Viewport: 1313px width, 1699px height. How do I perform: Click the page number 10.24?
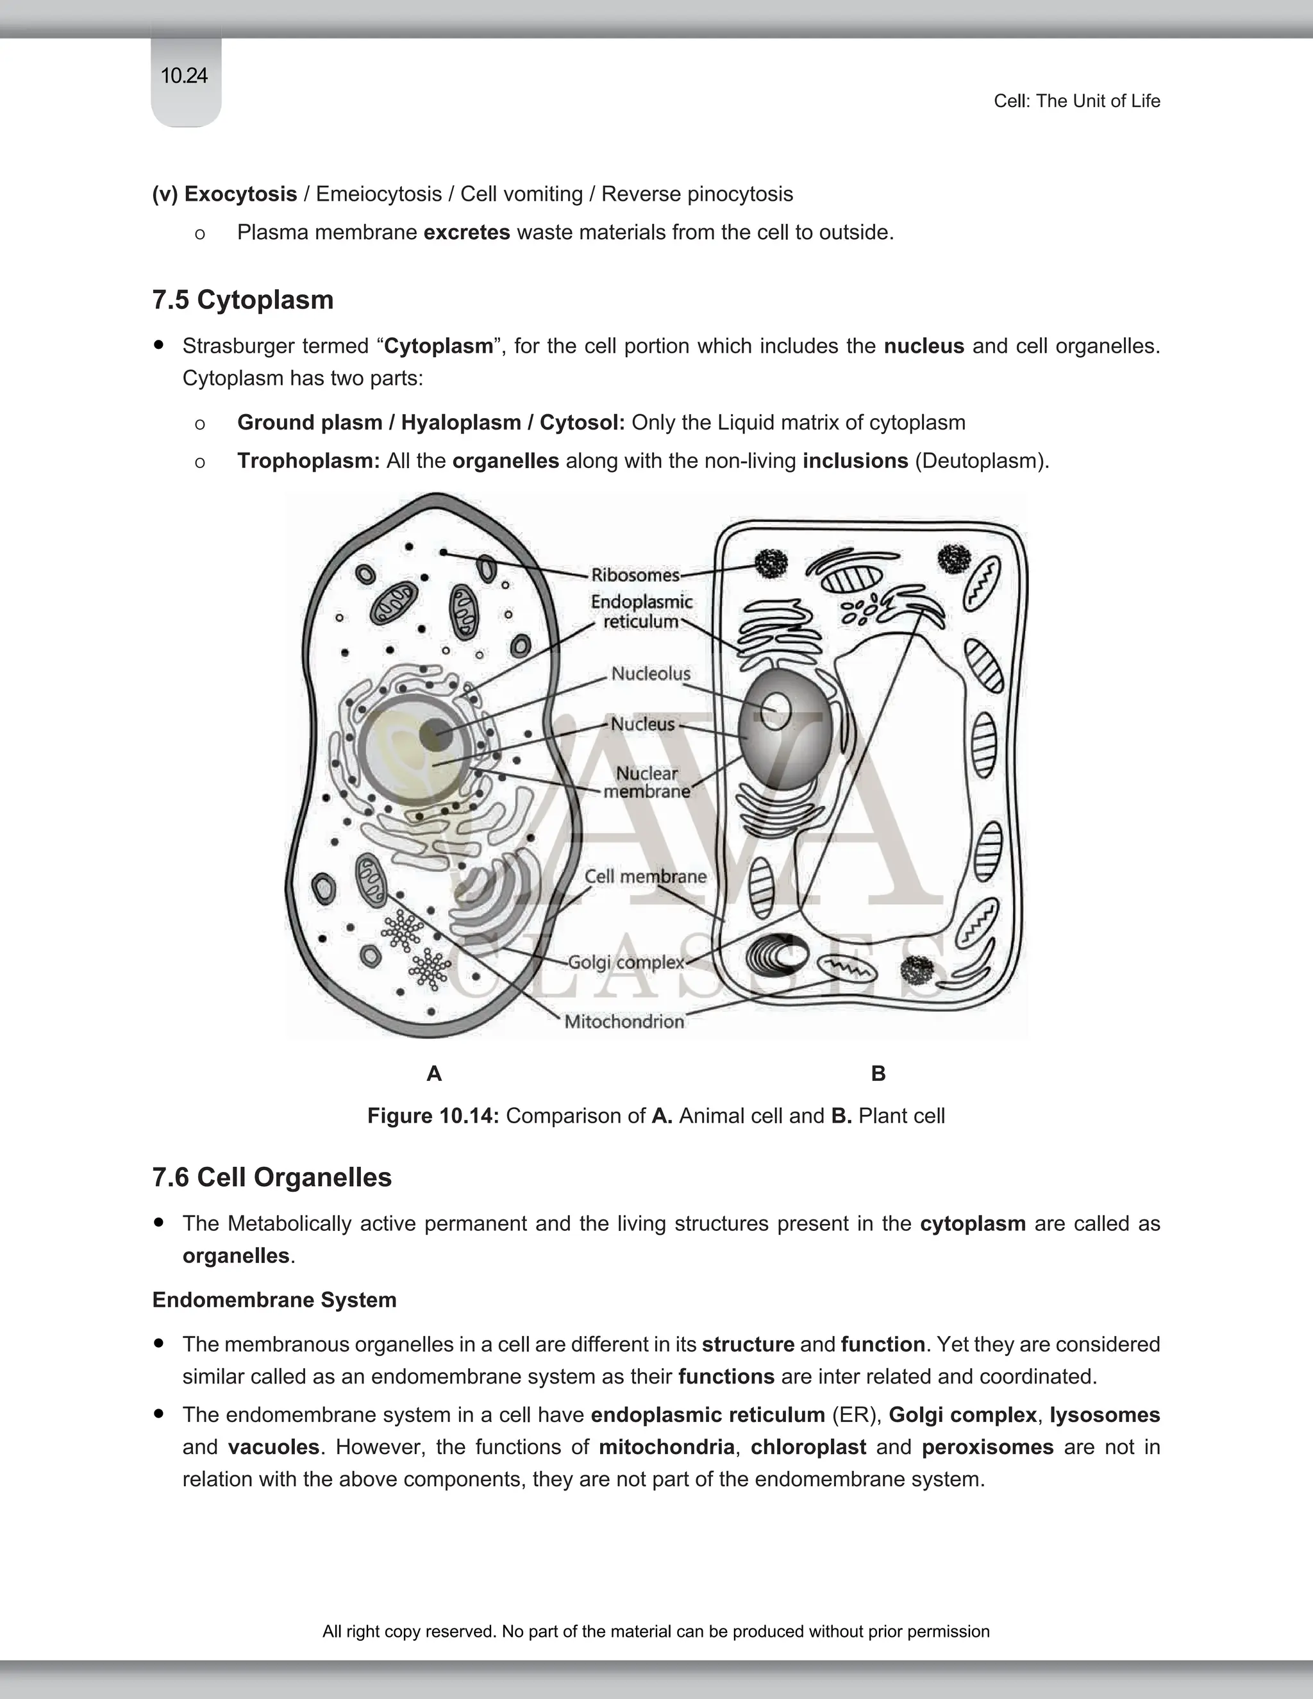[x=185, y=76]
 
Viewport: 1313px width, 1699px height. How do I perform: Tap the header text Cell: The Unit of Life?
[x=1076, y=101]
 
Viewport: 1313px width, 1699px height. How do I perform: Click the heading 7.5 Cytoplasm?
[x=243, y=299]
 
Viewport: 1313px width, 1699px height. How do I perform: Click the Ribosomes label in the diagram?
[x=635, y=575]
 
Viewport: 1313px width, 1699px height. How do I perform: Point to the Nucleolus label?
[x=650, y=674]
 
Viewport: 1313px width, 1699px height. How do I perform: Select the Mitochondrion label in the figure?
[x=624, y=1021]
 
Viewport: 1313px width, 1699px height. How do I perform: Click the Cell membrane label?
[x=645, y=876]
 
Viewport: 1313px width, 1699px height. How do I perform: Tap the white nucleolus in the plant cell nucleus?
[x=776, y=711]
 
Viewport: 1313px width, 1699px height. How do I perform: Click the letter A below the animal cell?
[x=434, y=1073]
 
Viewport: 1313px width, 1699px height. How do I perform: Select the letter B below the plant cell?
[x=878, y=1073]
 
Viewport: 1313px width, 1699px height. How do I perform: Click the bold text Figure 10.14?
[x=433, y=1116]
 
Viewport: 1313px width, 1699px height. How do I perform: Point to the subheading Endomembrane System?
[x=274, y=1300]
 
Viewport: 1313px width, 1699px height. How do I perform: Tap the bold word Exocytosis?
[x=240, y=194]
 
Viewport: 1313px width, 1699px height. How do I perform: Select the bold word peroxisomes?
[x=987, y=1447]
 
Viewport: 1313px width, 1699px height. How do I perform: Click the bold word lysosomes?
[x=1105, y=1414]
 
